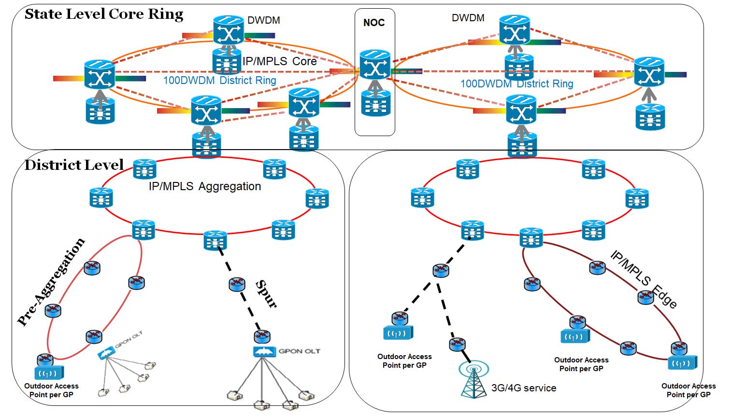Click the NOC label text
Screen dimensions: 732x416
coord(374,23)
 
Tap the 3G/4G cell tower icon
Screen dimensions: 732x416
coord(474,379)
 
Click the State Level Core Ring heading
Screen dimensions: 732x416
coord(104,14)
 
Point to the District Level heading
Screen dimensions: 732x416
coord(74,165)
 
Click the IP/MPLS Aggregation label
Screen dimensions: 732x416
coord(205,186)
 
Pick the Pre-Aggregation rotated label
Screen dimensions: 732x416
coord(51,281)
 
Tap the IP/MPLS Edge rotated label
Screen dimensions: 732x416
coord(644,279)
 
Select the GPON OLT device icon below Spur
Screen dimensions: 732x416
coord(262,352)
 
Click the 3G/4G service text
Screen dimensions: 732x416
coord(523,388)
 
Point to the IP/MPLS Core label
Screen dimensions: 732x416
coord(279,61)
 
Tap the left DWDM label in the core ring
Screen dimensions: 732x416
coord(264,20)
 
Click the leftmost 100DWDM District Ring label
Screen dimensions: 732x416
coord(219,80)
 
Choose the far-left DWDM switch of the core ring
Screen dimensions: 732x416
coord(100,74)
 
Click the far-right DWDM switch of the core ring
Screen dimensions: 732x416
coord(649,71)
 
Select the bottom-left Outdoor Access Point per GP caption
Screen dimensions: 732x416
coord(51,390)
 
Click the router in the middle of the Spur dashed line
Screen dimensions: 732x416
coord(237,285)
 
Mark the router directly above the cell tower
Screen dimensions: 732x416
coord(457,345)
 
